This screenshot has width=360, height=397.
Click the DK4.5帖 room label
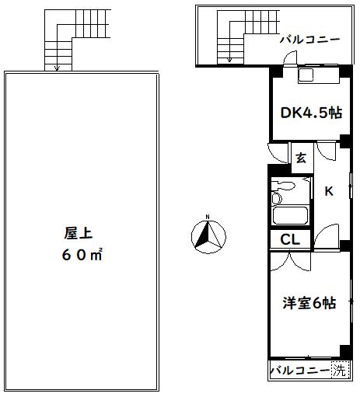coord(310,112)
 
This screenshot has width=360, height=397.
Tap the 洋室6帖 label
coord(309,303)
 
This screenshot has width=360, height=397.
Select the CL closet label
coord(291,240)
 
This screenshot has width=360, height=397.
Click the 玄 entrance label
coord(301,158)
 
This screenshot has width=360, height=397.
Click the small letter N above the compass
coord(208,218)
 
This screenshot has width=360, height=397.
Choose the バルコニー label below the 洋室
coord(299,371)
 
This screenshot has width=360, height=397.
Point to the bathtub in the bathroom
coord(289,217)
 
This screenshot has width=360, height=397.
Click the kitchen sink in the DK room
coord(306,75)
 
